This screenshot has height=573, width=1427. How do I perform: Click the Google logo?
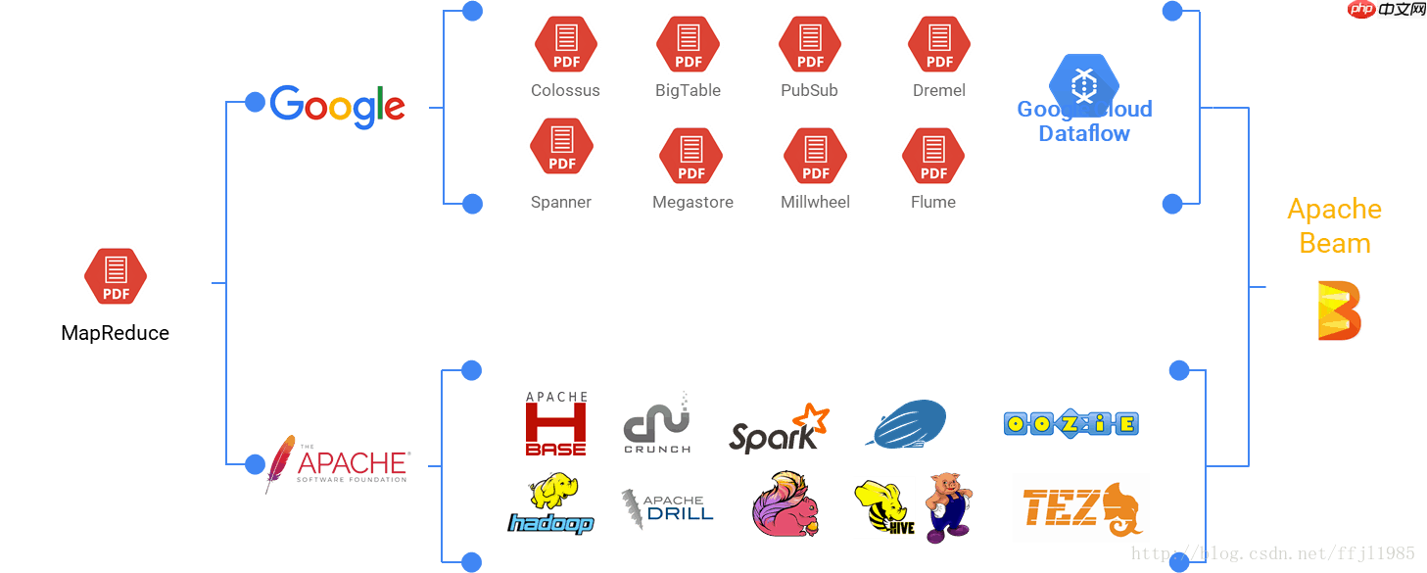click(337, 107)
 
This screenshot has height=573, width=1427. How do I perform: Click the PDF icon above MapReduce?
click(116, 276)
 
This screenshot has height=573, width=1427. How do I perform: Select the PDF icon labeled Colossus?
click(566, 44)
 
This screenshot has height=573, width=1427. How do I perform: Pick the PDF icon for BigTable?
click(689, 44)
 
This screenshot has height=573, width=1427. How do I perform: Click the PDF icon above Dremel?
click(939, 44)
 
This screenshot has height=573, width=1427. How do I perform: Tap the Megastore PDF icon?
click(691, 156)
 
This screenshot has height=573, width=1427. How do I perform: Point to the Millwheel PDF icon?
click(816, 156)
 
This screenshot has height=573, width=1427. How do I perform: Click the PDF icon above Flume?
click(933, 156)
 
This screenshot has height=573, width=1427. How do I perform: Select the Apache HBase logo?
click(556, 424)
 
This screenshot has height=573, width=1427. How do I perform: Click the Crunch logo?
click(657, 423)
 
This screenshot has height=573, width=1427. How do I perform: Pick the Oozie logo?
click(1070, 423)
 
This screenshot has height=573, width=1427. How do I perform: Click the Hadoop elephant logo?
click(550, 504)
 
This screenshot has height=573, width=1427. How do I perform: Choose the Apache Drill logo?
click(668, 511)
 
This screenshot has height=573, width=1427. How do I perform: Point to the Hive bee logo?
click(883, 507)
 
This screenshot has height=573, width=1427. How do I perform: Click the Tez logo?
click(1080, 507)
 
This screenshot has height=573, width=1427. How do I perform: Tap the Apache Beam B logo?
click(1339, 310)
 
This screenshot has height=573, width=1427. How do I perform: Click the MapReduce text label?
click(116, 333)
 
